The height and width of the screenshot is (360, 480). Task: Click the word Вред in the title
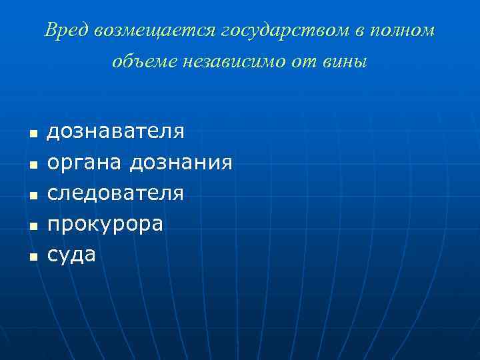pyautogui.click(x=67, y=31)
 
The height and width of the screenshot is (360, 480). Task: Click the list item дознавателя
pyautogui.click(x=115, y=131)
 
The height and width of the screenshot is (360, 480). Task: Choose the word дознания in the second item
pyautogui.click(x=181, y=162)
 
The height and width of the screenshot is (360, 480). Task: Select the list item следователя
pyautogui.click(x=115, y=193)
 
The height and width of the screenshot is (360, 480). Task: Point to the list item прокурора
pyautogui.click(x=105, y=224)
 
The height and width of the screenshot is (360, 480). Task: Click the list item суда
pyautogui.click(x=71, y=254)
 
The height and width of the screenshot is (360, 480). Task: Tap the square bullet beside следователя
pyautogui.click(x=31, y=195)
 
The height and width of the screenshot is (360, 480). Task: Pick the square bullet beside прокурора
pyautogui.click(x=31, y=226)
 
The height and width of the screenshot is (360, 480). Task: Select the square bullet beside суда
pyautogui.click(x=31, y=257)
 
